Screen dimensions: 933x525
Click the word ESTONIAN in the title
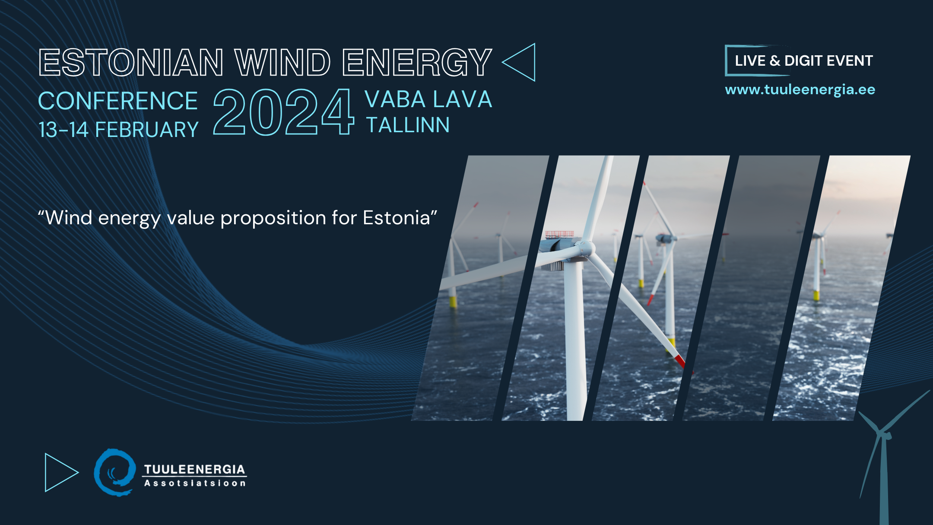[x=131, y=63]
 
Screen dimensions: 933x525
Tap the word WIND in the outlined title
[x=282, y=63]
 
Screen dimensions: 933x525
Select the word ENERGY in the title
[x=417, y=63]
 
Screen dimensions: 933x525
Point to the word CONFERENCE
[x=118, y=101]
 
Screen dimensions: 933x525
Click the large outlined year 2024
[x=284, y=112]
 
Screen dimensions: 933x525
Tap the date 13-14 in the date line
[x=63, y=130]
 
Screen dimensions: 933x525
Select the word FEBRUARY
[x=147, y=130]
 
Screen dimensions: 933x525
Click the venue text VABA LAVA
[x=428, y=99]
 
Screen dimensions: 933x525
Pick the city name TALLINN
[x=408, y=125]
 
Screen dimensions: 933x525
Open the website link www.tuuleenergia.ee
[x=800, y=90]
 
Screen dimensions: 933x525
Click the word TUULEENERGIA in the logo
[x=194, y=469]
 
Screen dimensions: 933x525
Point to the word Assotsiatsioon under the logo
[x=195, y=483]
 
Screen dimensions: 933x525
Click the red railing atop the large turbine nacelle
[x=559, y=235]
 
